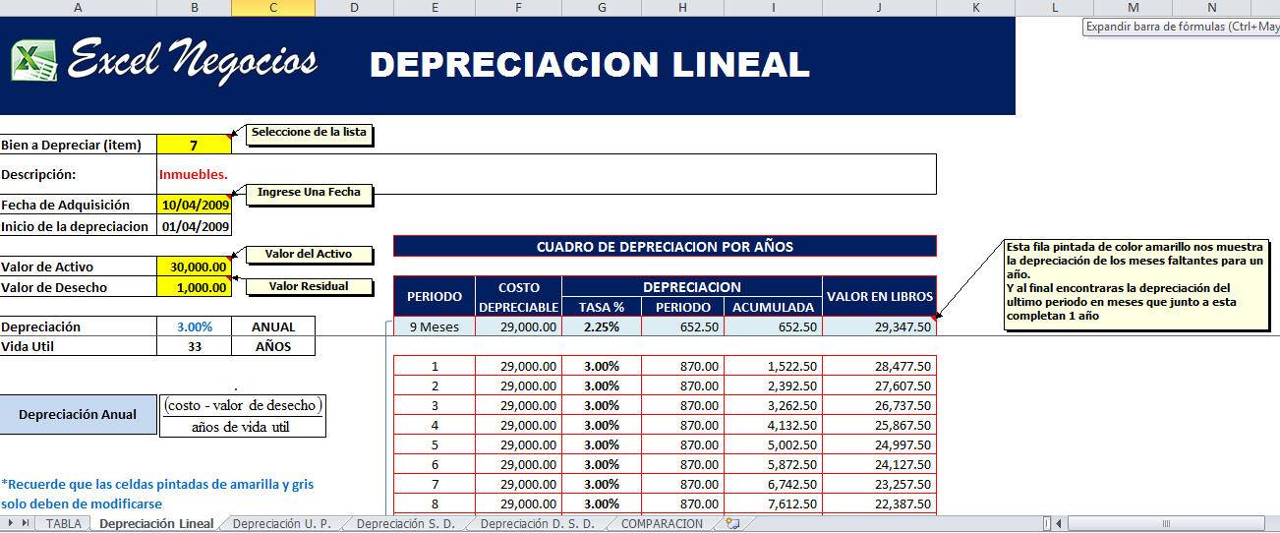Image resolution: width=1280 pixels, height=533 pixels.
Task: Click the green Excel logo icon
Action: coord(34,61)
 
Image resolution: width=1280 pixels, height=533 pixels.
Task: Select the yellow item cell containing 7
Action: coord(194,145)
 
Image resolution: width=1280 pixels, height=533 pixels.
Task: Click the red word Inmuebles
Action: coord(193,174)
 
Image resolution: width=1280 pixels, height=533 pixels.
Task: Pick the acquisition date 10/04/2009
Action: coord(195,205)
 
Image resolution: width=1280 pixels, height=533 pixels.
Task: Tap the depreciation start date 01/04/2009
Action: coord(195,226)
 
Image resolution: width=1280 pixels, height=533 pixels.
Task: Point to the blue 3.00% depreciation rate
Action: coord(195,326)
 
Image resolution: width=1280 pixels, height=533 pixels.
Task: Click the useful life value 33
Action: coord(195,346)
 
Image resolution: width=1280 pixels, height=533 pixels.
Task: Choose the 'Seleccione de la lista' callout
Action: coord(309,134)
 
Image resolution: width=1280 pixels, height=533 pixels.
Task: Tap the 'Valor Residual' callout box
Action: coord(309,286)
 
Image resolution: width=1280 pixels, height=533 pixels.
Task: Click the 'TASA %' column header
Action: coord(601,307)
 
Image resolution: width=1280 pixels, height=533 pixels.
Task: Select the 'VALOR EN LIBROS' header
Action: coord(880,296)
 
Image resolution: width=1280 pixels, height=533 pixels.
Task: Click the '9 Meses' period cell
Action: coord(435,327)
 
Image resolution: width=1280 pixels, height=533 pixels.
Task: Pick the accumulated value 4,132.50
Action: coord(791,426)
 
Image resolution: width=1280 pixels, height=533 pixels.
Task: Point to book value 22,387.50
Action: coord(902,503)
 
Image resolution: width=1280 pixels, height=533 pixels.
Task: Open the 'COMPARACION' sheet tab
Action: coord(662,524)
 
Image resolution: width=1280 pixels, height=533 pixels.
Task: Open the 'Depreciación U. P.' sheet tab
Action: coord(282,524)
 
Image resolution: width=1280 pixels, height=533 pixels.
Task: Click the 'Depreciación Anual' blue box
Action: coord(78,415)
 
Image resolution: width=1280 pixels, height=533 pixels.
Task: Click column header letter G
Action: coord(602,8)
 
